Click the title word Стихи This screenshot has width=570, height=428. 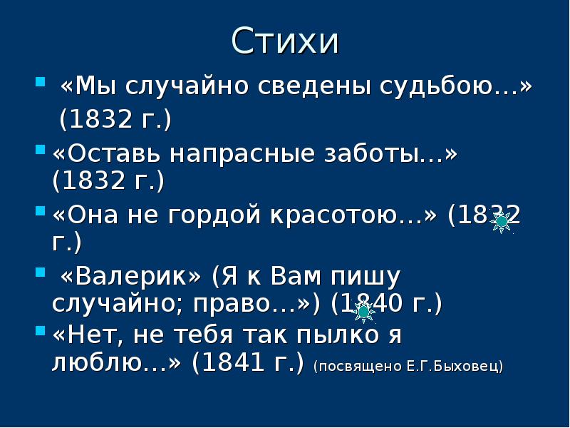click(285, 41)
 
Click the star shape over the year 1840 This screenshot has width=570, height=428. click(363, 311)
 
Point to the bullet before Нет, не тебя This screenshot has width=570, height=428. click(40, 331)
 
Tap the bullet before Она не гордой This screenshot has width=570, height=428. click(40, 210)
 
